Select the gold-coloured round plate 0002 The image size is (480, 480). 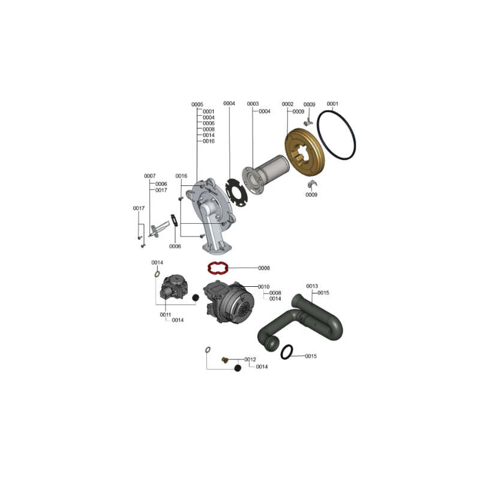pos(304,152)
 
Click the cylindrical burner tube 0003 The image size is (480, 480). pos(266,175)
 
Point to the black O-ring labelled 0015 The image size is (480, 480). pos(281,352)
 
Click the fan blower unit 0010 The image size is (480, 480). pos(229,302)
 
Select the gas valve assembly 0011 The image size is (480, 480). pos(173,287)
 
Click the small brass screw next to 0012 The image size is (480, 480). pos(225,360)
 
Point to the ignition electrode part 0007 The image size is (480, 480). pos(159,230)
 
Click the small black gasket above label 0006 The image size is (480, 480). pos(174,220)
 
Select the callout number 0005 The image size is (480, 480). pos(197,104)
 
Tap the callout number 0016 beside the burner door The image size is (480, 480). pos(181,176)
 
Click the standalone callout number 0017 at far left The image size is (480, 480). pos(139,208)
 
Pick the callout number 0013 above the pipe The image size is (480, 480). pos(312,286)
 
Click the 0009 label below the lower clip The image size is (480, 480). pos(311,194)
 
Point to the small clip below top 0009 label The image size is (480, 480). pos(308,123)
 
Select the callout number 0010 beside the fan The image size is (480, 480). pos(263,287)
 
